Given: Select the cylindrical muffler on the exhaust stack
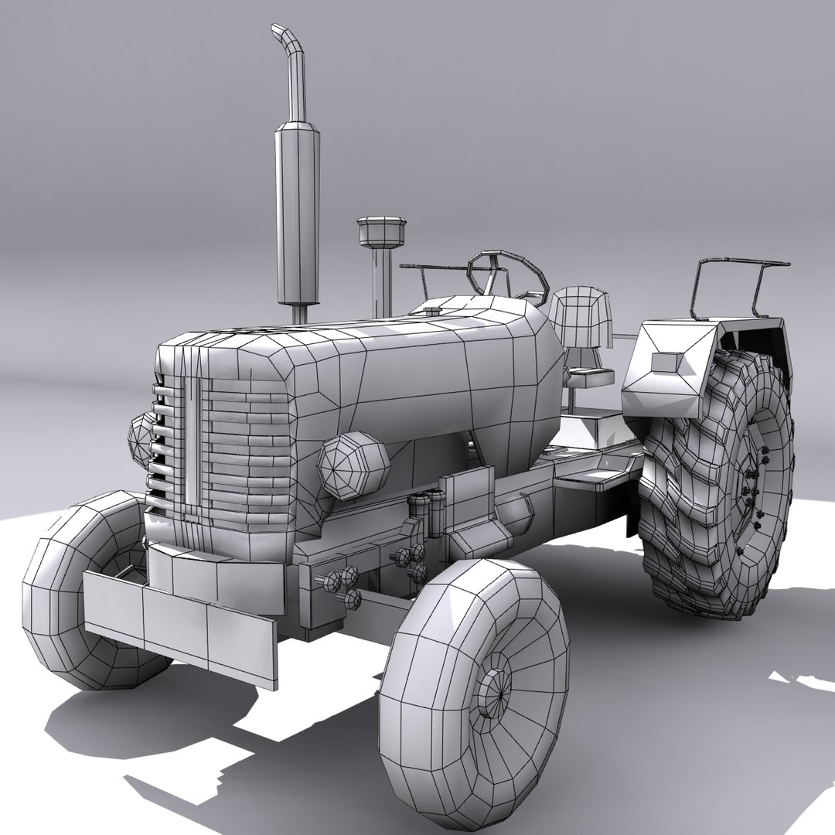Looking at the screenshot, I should click(297, 213).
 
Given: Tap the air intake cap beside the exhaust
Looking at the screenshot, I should click(381, 230).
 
